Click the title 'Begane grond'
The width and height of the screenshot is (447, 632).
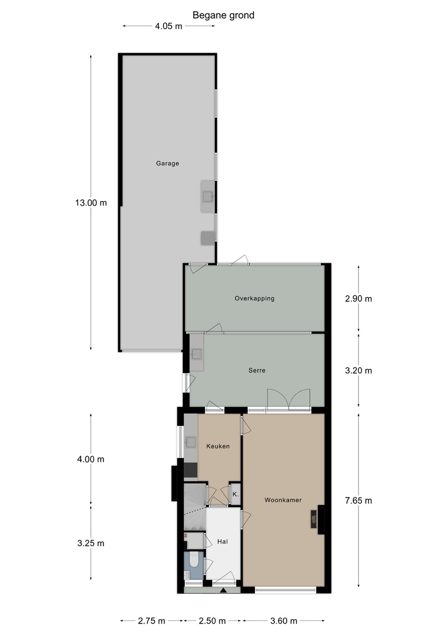tap(223, 15)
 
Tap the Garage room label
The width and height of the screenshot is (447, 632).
tap(168, 163)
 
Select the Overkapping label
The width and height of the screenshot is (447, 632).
tap(254, 298)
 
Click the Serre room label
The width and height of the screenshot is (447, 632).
tap(257, 370)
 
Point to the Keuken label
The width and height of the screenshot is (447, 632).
tap(218, 446)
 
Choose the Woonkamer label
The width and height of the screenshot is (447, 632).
tap(283, 500)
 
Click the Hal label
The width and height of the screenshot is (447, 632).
tap(222, 542)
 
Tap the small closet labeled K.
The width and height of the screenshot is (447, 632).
tap(236, 494)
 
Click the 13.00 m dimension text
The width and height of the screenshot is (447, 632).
tap(91, 203)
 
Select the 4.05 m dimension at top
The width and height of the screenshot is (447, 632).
tap(168, 26)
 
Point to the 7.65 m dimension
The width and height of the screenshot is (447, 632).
tap(358, 501)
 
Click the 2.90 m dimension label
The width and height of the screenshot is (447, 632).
tap(358, 298)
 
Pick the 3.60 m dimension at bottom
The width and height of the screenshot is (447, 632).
tap(284, 621)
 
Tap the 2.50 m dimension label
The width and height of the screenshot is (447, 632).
tap(212, 621)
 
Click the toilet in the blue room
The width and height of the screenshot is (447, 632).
tap(193, 560)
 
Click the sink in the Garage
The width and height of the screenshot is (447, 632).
tap(208, 196)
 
